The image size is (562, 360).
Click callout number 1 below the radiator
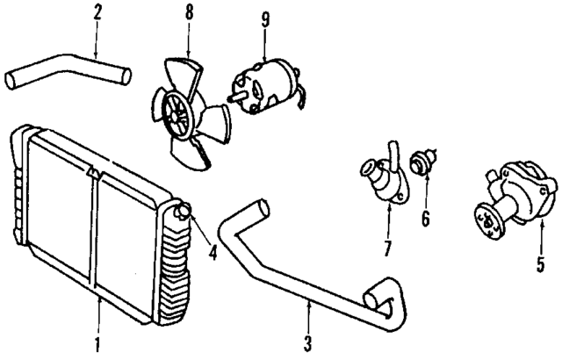97,342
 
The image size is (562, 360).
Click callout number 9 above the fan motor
263,17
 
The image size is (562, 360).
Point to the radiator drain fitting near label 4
185,210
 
